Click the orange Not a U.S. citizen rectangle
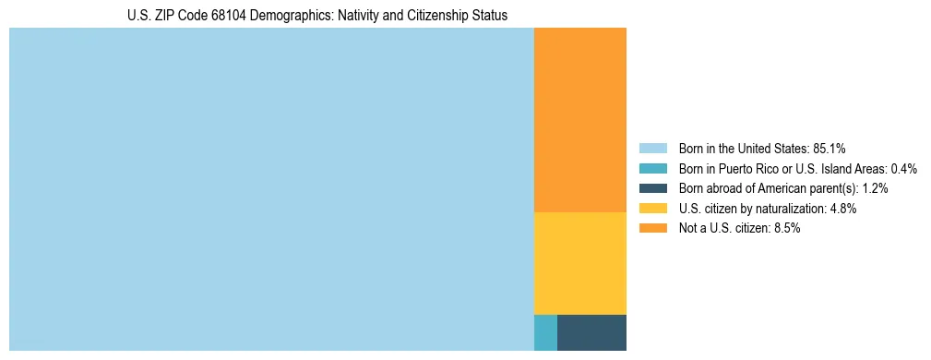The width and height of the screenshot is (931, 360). pyautogui.click(x=579, y=120)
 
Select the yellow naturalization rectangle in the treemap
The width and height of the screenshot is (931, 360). pyautogui.click(x=579, y=263)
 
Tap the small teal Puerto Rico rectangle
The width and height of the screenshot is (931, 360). pyautogui.click(x=545, y=332)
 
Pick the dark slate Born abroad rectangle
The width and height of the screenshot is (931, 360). pyautogui.click(x=591, y=332)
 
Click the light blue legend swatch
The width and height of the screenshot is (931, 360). pyautogui.click(x=652, y=148)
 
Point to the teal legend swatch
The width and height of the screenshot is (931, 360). pyautogui.click(x=652, y=168)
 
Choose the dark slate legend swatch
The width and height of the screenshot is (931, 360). pyautogui.click(x=652, y=188)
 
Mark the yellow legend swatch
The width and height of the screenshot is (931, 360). pyautogui.click(x=652, y=209)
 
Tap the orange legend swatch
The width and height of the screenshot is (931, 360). pyautogui.click(x=652, y=228)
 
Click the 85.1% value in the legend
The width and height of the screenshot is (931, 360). pyautogui.click(x=829, y=148)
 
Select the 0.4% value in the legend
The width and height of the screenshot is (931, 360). pyautogui.click(x=903, y=168)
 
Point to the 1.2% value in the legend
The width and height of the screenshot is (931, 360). pyautogui.click(x=875, y=188)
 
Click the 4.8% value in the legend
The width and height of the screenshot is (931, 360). pyautogui.click(x=842, y=209)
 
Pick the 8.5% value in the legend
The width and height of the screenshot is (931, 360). pyautogui.click(x=785, y=228)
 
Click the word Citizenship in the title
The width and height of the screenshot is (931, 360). pyautogui.click(x=414, y=16)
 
